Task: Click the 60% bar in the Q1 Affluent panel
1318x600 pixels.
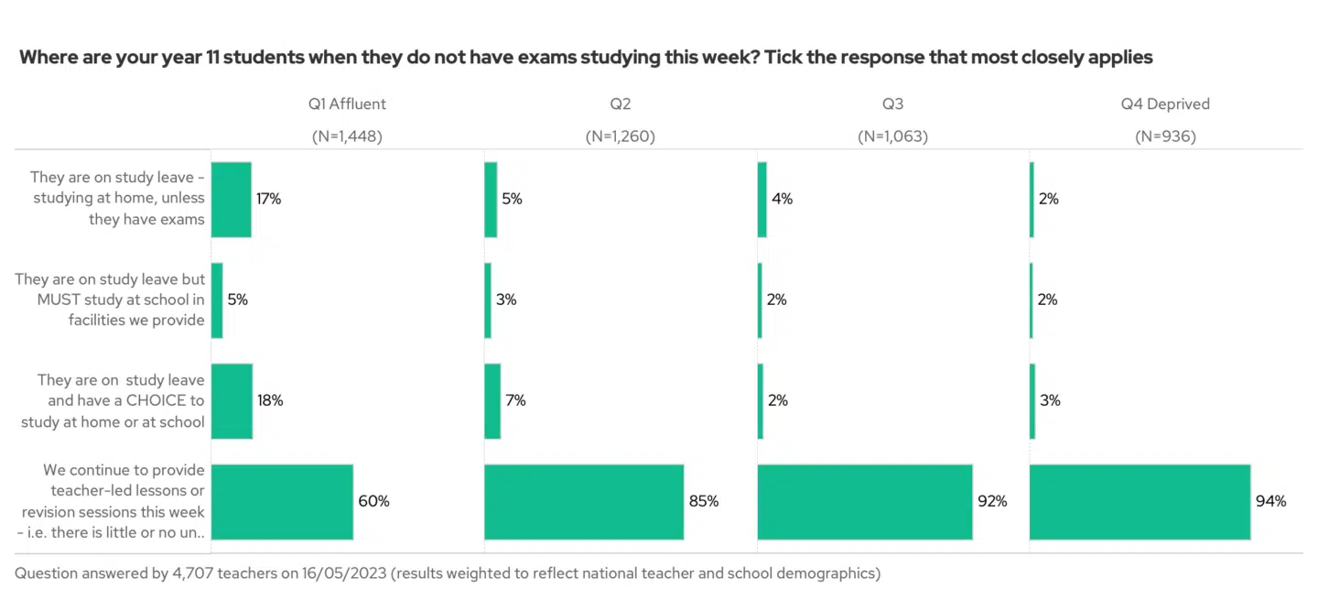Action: tap(282, 501)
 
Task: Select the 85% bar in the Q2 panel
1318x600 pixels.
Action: tap(584, 501)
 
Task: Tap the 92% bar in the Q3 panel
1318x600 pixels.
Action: tap(865, 501)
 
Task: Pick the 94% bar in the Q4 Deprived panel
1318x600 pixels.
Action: tap(1140, 501)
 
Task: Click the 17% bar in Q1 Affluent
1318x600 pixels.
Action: tap(231, 199)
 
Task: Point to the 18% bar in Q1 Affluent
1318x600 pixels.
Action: tap(232, 400)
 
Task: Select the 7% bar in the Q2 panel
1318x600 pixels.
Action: tap(492, 400)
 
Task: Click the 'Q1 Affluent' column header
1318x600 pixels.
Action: tap(347, 104)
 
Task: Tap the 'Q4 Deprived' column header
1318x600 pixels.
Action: tap(1165, 104)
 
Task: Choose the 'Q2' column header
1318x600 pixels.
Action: tap(621, 104)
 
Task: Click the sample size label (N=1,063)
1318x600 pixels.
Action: tap(892, 136)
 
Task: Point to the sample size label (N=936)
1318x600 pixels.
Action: tap(1165, 136)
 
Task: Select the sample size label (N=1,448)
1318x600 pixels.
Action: tap(347, 136)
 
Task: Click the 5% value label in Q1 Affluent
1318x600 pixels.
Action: tap(237, 300)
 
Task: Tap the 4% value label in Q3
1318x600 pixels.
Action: tap(782, 199)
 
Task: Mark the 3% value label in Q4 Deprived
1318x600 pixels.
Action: tap(1049, 400)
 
